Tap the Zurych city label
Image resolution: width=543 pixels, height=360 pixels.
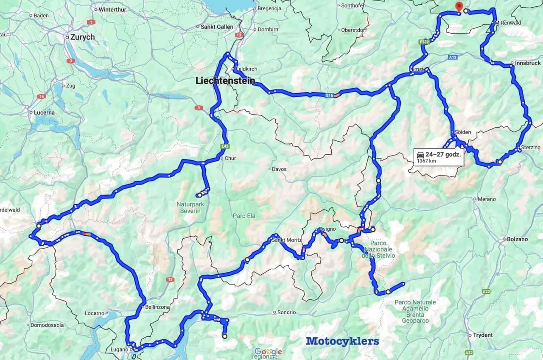[82, 37]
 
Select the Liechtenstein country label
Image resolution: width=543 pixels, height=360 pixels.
[225, 81]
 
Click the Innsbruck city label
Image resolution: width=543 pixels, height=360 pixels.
[528, 63]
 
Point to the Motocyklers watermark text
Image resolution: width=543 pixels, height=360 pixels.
[342, 341]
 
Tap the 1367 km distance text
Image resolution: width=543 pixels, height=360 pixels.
[426, 161]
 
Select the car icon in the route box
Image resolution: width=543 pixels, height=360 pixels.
[420, 154]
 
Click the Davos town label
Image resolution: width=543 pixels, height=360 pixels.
[279, 169]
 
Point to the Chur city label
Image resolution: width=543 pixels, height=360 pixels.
[230, 159]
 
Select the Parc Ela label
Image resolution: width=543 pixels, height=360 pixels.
[244, 216]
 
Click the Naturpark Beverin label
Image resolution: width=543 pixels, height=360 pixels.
[188, 207]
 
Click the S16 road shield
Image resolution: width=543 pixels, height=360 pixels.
[330, 96]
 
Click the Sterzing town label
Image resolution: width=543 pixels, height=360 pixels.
[531, 147]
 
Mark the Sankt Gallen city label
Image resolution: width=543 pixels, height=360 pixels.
[218, 27]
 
